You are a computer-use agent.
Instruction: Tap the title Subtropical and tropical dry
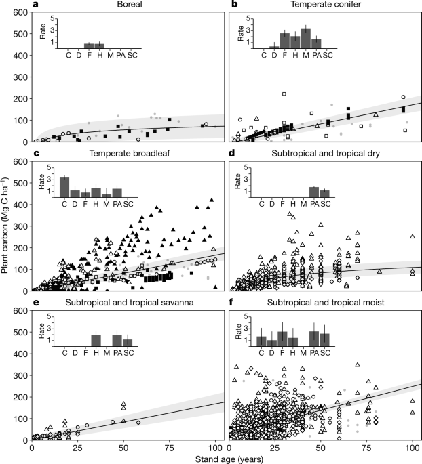point(326,154)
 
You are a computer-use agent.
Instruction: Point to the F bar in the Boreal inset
point(89,45)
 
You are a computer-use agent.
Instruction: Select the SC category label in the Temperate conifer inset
point(327,56)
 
